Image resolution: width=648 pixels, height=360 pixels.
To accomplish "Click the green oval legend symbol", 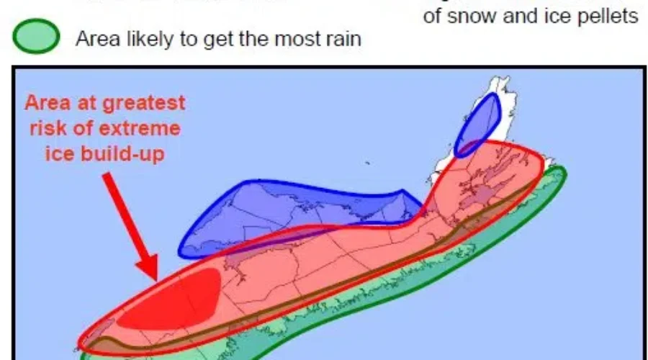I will [34, 37].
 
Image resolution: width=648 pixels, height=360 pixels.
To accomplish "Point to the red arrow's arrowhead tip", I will [155, 278].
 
